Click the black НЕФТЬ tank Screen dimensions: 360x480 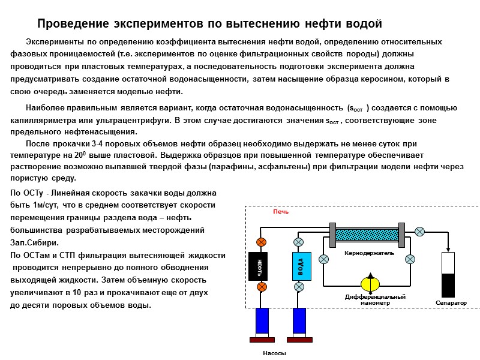click(262, 265)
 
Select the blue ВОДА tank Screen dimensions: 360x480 click(299, 265)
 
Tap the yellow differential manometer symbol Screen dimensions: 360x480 click(370, 284)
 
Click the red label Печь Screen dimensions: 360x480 click(281, 212)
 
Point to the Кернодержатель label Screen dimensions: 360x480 click(368, 253)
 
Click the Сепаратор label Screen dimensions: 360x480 click(451, 303)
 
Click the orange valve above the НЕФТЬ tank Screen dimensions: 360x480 click(262, 242)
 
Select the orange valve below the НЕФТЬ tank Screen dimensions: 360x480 click(262, 287)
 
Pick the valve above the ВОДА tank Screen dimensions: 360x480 click(299, 242)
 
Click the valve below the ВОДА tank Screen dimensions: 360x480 click(299, 287)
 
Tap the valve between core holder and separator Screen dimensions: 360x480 click(420, 231)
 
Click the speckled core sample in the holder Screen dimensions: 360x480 click(368, 233)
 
